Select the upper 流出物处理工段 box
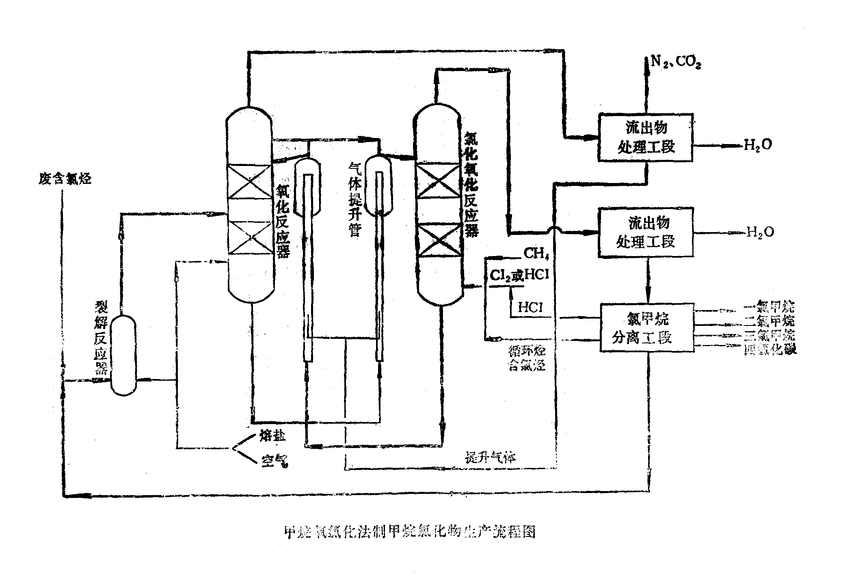(x=646, y=138)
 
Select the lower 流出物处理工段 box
(x=646, y=232)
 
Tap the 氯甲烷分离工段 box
(x=647, y=327)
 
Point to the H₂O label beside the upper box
(x=758, y=144)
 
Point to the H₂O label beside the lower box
(x=760, y=232)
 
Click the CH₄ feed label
(x=536, y=254)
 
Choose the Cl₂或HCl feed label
(x=519, y=275)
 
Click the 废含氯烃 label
(x=65, y=179)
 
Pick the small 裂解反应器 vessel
(x=123, y=355)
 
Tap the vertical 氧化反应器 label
(x=283, y=221)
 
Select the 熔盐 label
(x=272, y=436)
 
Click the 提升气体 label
(x=490, y=457)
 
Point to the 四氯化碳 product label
(x=770, y=349)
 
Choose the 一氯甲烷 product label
(x=770, y=307)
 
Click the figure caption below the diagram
(x=409, y=532)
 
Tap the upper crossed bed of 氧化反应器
(x=249, y=181)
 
